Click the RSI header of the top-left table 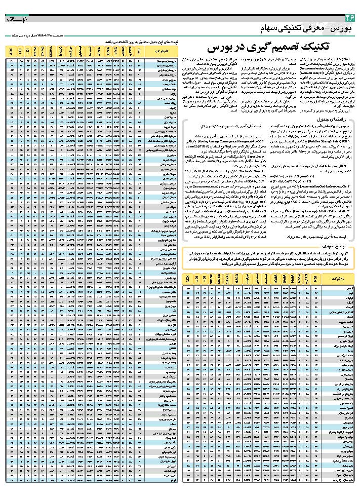click(x=139, y=51)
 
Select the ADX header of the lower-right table click(x=187, y=279)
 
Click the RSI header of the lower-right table click(x=314, y=279)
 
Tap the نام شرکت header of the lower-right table click(x=338, y=279)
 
